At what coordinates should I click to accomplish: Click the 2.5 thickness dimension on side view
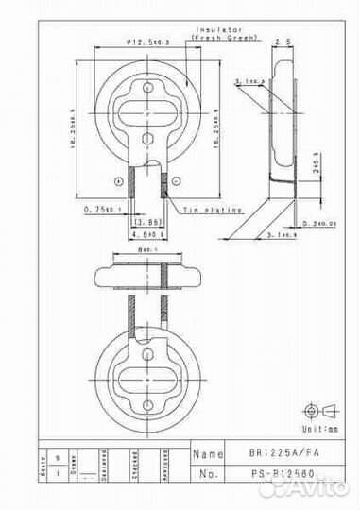point(281,42)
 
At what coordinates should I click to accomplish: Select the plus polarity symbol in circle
point(117,180)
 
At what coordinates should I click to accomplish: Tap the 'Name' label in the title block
point(209,454)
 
